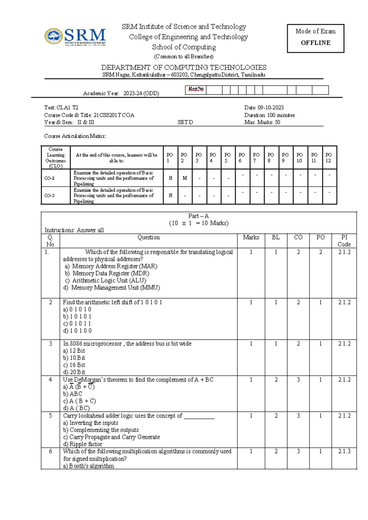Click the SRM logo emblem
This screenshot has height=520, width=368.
(54, 36)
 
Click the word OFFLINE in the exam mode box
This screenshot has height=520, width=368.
(316, 43)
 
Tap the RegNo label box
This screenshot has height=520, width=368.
(196, 89)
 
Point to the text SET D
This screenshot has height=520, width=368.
(185, 122)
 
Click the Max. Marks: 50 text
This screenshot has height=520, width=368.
(262, 122)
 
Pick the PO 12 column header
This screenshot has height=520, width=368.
(328, 158)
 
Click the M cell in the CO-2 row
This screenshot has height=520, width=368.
(185, 178)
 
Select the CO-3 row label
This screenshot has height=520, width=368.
(50, 196)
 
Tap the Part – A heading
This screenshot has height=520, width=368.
(198, 216)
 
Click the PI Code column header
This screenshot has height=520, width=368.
(344, 241)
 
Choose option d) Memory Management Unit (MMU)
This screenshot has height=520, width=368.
(112, 288)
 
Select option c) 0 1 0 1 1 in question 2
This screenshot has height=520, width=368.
(77, 324)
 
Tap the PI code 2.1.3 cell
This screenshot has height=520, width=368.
(344, 451)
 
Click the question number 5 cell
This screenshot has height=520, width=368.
(51, 416)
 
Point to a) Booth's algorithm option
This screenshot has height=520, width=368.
(89, 466)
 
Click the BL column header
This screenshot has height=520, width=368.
(276, 237)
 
